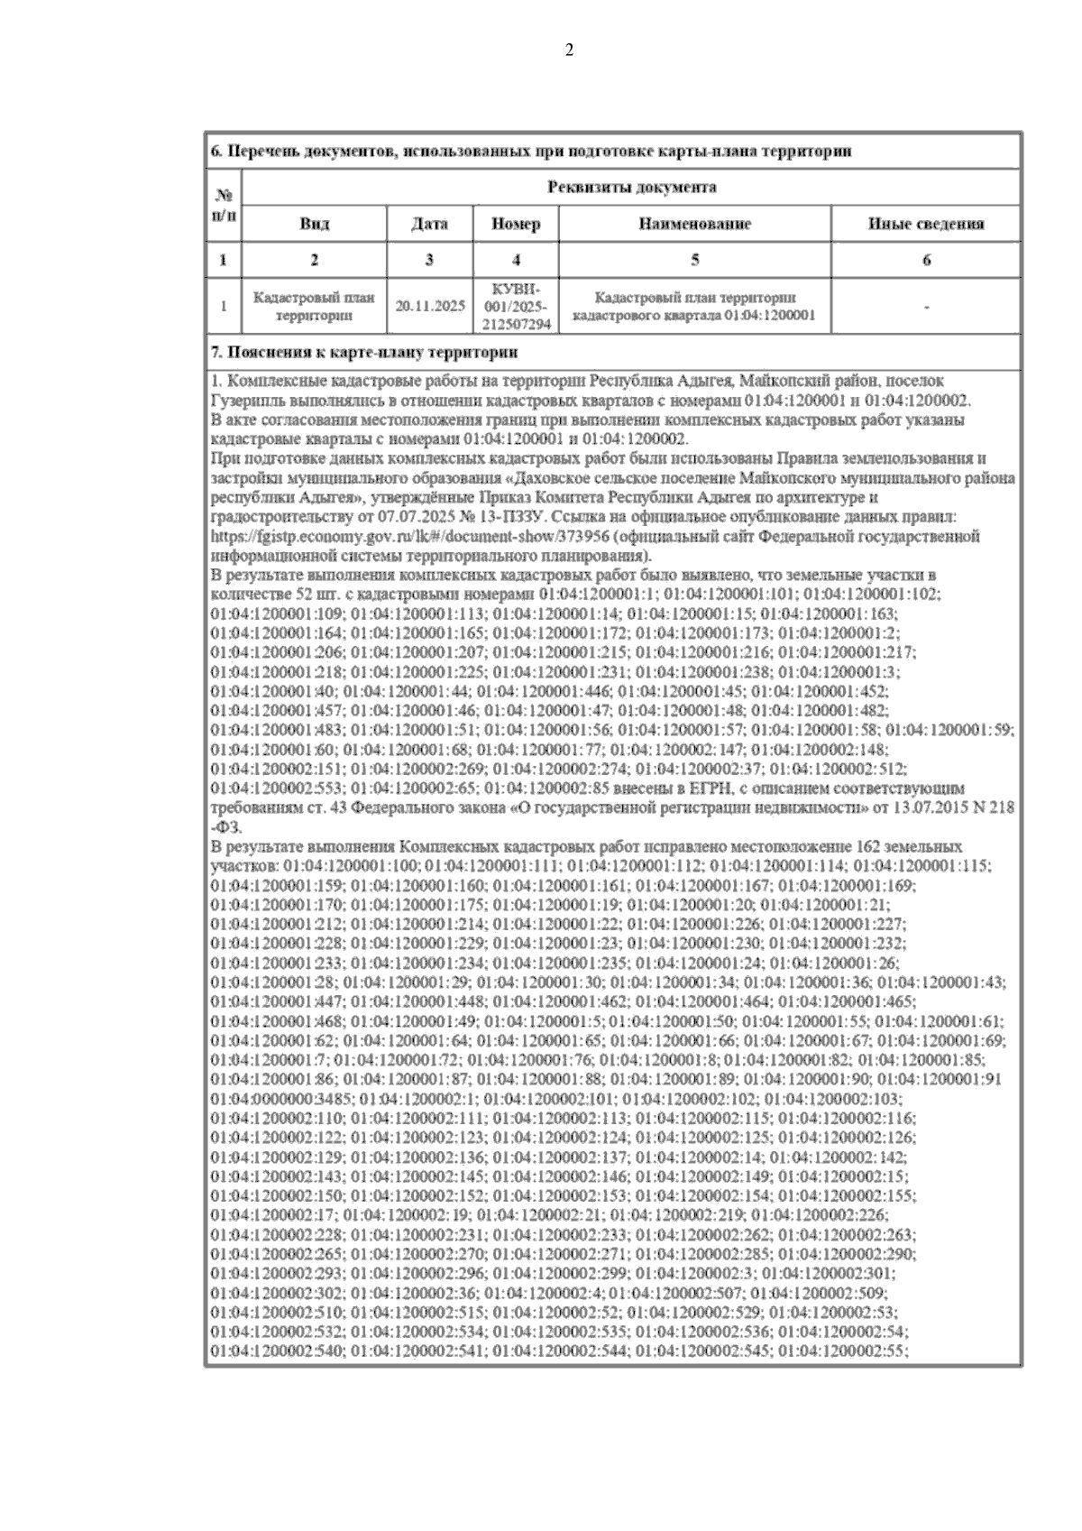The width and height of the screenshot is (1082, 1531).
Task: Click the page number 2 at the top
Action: [x=568, y=51]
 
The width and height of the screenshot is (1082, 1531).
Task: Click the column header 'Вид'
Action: [x=314, y=224]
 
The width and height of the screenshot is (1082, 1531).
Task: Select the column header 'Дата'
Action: [x=429, y=224]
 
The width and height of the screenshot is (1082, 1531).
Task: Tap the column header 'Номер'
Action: [x=516, y=224]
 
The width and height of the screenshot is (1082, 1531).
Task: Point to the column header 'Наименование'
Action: [x=694, y=224]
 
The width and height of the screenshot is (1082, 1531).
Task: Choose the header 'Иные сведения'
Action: [x=925, y=224]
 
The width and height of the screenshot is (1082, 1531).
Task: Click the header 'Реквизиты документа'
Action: [x=631, y=187]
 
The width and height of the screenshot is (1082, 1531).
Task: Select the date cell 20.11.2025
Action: [x=430, y=306]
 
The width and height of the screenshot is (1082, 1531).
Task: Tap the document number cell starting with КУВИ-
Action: [x=516, y=306]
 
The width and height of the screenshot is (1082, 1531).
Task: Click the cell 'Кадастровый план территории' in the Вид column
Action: [x=314, y=306]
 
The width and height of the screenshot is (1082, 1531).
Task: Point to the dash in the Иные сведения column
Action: [x=926, y=307]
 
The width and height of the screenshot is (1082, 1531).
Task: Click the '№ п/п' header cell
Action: [x=224, y=205]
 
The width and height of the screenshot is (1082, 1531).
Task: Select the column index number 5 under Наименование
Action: [x=694, y=261]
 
